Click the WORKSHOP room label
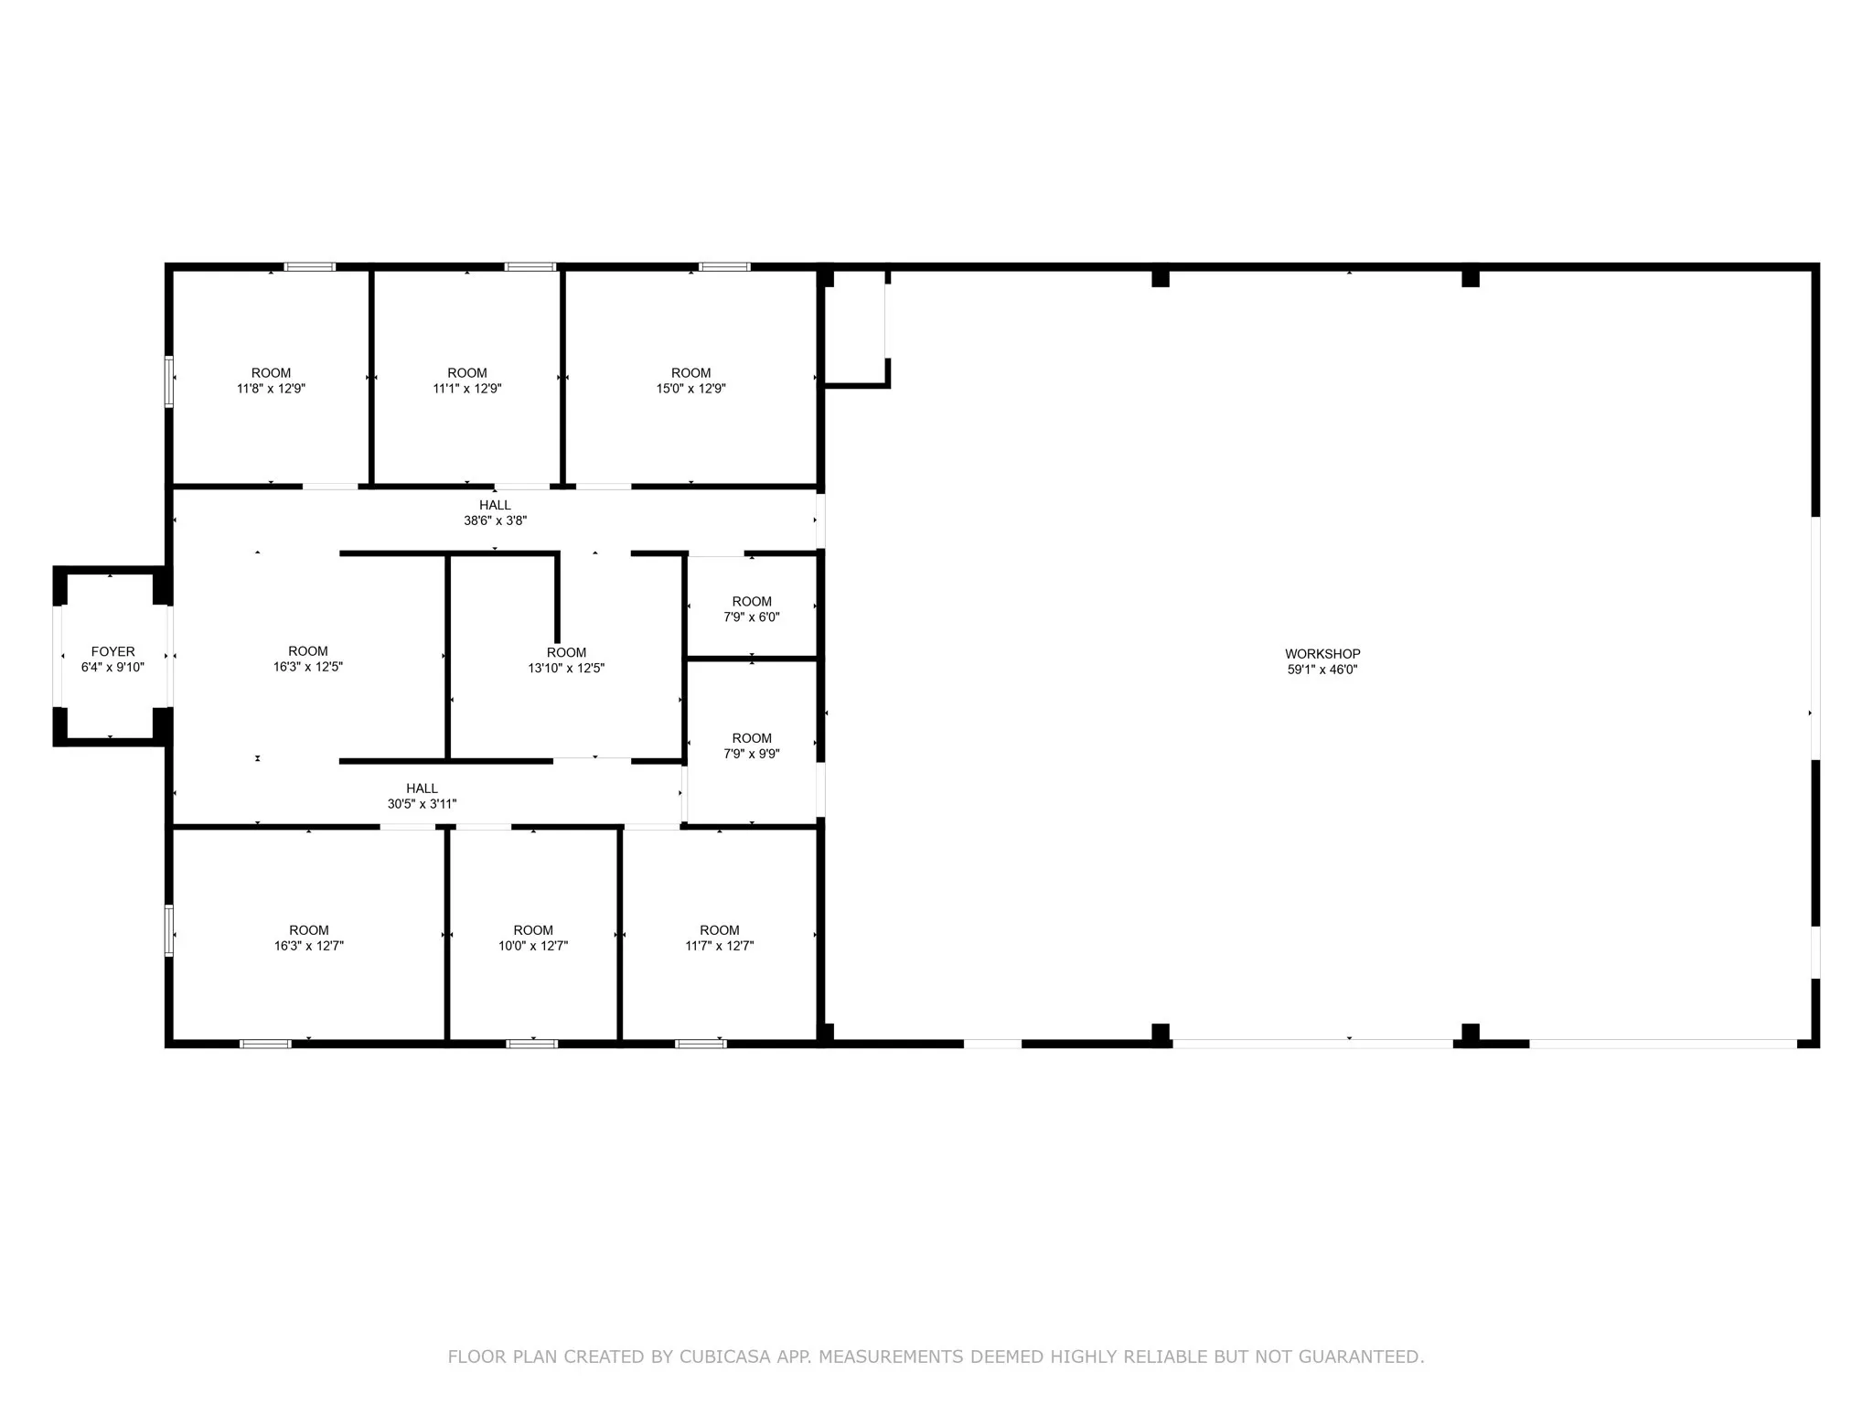tap(1322, 654)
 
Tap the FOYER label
tap(112, 652)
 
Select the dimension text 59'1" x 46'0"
tap(1322, 670)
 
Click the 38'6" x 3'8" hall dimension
tap(495, 520)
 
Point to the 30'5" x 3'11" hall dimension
tap(422, 804)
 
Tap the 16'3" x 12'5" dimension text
tap(308, 667)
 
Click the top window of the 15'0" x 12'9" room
tap(724, 267)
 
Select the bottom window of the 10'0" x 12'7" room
tap(532, 1043)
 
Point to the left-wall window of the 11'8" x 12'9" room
tap(169, 381)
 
